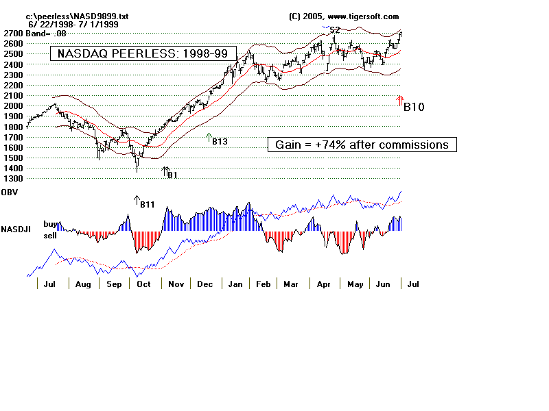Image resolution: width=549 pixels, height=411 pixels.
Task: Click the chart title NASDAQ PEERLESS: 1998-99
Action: [x=143, y=53]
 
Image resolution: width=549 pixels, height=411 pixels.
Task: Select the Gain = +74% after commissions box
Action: [x=362, y=145]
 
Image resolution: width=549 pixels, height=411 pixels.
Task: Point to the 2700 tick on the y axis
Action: [x=12, y=33]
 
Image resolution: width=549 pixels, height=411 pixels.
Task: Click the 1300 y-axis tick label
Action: [x=12, y=179]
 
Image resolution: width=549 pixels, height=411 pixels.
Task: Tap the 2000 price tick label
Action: [x=12, y=106]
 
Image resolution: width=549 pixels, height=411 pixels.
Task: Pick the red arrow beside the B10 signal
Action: [x=400, y=100]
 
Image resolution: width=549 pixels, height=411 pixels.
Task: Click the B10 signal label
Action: [x=414, y=108]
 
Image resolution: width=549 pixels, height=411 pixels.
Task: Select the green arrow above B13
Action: [x=209, y=136]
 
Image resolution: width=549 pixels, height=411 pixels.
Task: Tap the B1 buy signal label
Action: [x=173, y=175]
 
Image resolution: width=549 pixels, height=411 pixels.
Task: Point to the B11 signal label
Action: [x=147, y=204]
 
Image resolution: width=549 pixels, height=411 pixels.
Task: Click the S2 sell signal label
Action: [x=334, y=30]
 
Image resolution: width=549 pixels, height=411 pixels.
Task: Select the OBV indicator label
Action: [x=10, y=193]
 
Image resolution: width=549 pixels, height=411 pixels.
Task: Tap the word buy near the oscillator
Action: [x=50, y=223]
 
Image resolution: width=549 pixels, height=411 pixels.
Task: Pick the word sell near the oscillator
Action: [x=50, y=235]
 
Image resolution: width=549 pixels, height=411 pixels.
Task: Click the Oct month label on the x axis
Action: [x=143, y=284]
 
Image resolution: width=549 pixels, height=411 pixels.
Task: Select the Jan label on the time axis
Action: [x=235, y=284]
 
